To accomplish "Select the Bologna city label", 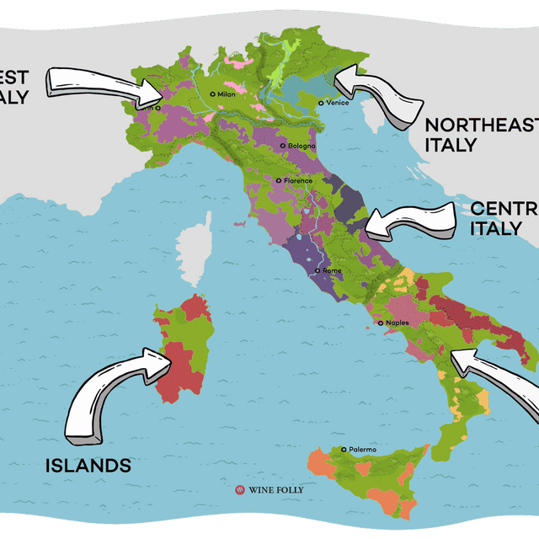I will pos(301,146).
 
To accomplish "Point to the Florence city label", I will pos(297,180).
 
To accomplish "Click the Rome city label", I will pos(332,270).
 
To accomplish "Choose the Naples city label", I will pos(398,323).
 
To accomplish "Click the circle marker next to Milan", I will pos(213,94).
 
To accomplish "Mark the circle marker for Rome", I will pos(317,270).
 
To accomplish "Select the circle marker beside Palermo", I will pos(344,450).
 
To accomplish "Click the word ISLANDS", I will pos(88,465).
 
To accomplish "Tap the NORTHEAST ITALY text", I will pos(480,135).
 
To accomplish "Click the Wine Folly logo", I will pos(269,489).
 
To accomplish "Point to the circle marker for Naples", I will pos(381,323).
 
